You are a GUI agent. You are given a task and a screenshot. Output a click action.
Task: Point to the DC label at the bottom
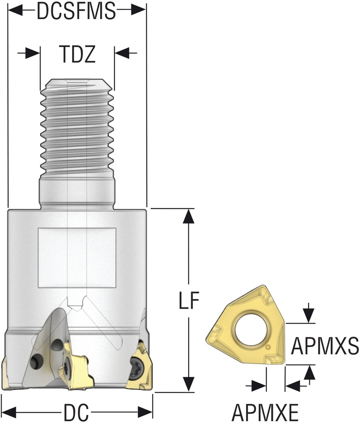pos(76,413)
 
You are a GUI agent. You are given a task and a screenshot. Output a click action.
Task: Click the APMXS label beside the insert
pos(325,346)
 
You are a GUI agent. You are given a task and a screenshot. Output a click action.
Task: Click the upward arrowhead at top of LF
pos(189,215)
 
